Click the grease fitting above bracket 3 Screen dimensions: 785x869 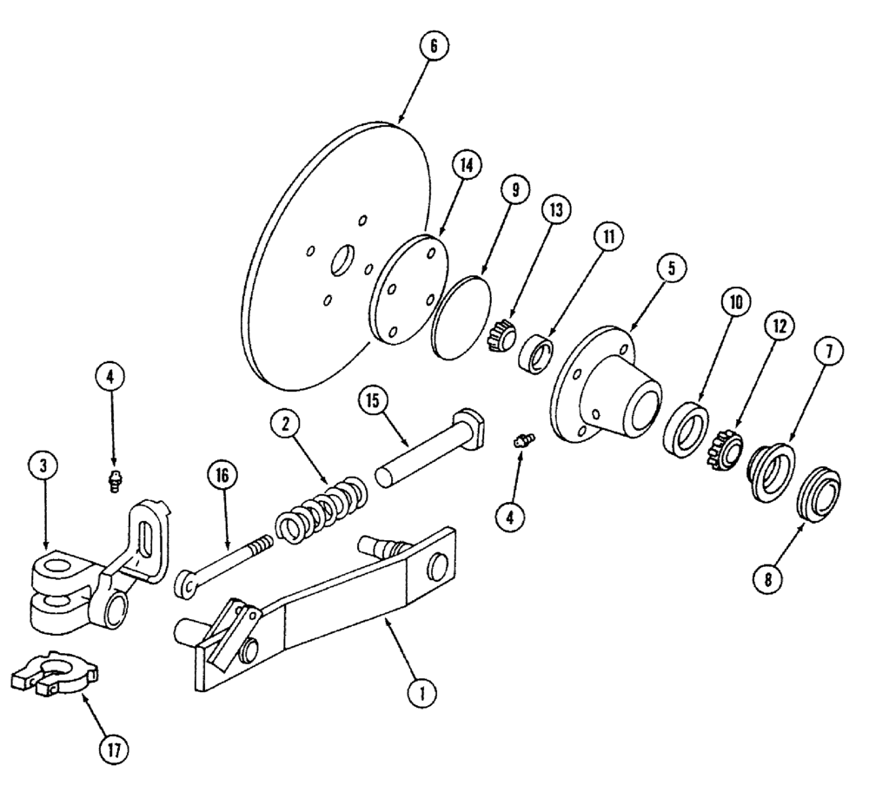click(113, 480)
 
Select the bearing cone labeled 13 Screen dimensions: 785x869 click(501, 335)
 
